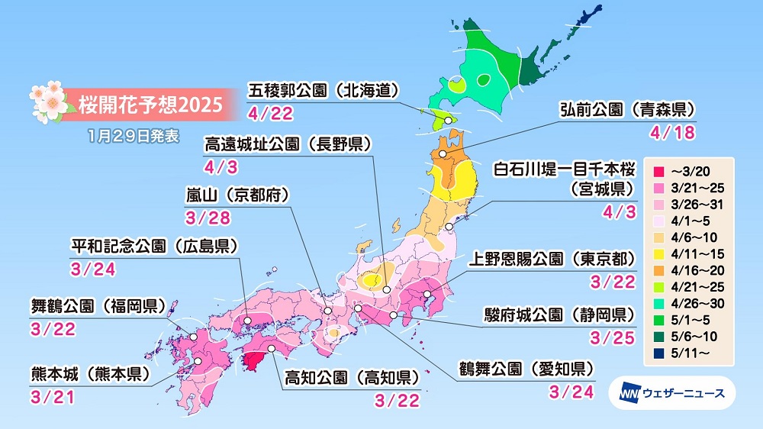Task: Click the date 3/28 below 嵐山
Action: tap(202, 218)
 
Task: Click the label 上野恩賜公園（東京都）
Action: tap(551, 260)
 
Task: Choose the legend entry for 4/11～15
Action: tap(687, 255)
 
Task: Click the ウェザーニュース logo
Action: tap(671, 393)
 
